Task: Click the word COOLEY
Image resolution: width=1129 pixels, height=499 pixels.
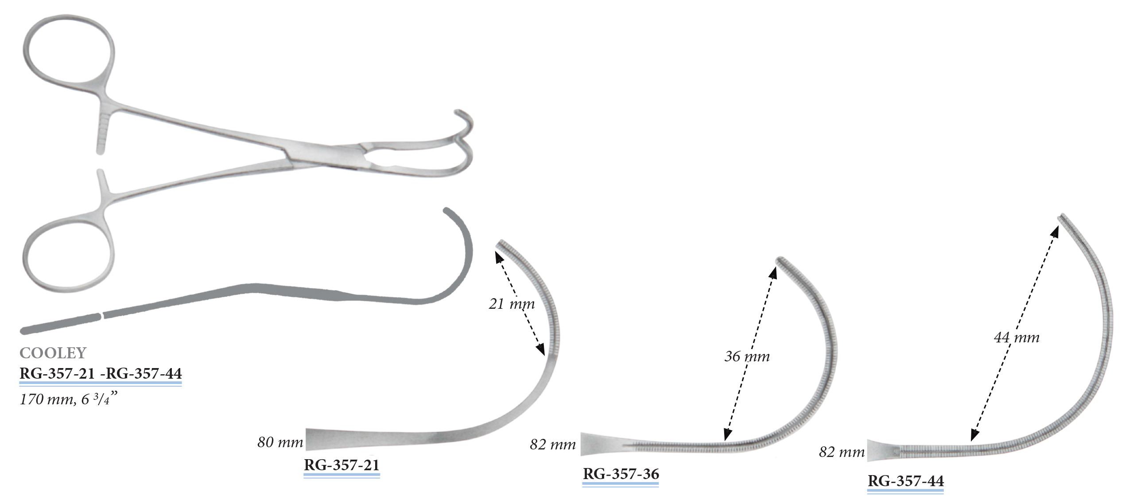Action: (x=53, y=353)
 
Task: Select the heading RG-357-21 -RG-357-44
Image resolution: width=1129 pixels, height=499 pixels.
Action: (x=101, y=373)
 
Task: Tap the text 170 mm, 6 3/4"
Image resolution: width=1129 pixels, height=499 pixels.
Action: (x=69, y=399)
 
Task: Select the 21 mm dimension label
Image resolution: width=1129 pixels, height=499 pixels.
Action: (x=512, y=304)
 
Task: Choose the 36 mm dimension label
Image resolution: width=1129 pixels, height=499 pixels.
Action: (x=747, y=356)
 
